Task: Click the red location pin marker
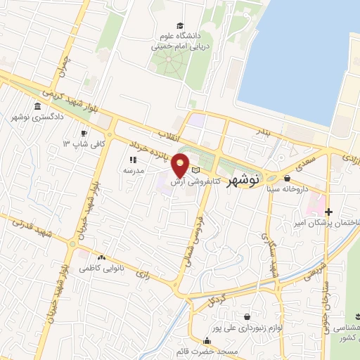(x=181, y=165)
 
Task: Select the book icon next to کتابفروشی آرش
(x=196, y=170)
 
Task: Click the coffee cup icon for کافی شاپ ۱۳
(x=84, y=132)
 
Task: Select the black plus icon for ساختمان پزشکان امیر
(x=328, y=212)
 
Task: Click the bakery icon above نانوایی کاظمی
(x=103, y=259)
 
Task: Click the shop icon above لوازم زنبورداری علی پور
(x=246, y=317)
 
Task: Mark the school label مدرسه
(x=134, y=170)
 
